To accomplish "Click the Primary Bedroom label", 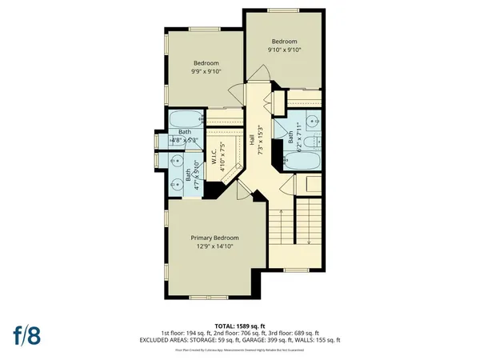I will pyautogui.click(x=214, y=238).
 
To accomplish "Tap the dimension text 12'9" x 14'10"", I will pyautogui.click(x=214, y=247).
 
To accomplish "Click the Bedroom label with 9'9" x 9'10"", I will pyautogui.click(x=206, y=62).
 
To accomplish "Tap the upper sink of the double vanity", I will pyautogui.click(x=176, y=158).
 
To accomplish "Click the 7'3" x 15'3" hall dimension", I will pyautogui.click(x=259, y=138).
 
